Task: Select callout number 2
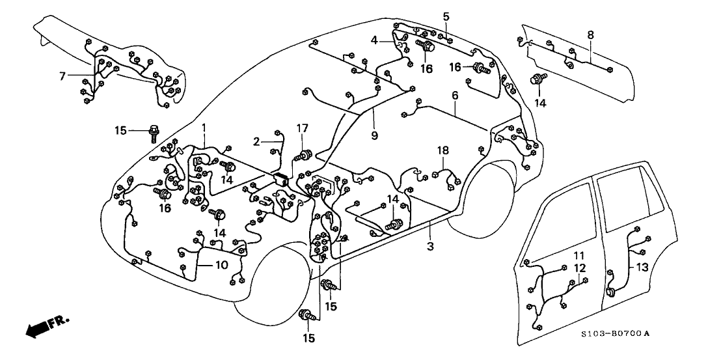(x=256, y=141)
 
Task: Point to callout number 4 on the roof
(x=375, y=40)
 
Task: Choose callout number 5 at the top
(x=446, y=16)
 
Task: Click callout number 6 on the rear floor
(x=455, y=96)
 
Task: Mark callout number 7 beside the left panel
(x=62, y=76)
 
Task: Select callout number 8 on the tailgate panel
(x=590, y=35)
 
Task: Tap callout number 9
(x=374, y=135)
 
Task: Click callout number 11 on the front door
(x=579, y=255)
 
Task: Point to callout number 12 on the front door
(x=579, y=268)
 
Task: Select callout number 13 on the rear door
(x=642, y=267)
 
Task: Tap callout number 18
(x=443, y=150)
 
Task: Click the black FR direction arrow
(x=40, y=326)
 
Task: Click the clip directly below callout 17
(x=303, y=156)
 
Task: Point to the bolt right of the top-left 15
(x=154, y=132)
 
